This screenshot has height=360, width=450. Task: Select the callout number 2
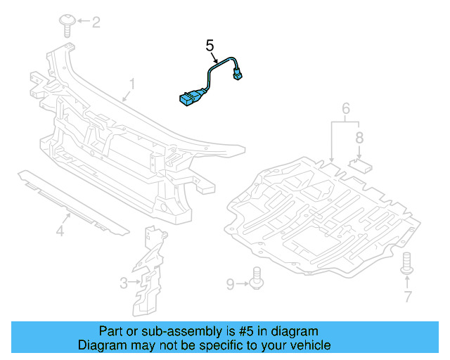[96, 22]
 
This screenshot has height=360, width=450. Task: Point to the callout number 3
[123, 283]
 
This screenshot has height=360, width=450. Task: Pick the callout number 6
[345, 109]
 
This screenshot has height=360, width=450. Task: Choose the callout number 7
[407, 297]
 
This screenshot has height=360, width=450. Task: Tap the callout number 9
[230, 283]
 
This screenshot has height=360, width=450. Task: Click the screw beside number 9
[257, 280]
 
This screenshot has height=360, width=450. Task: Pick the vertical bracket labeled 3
[150, 271]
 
